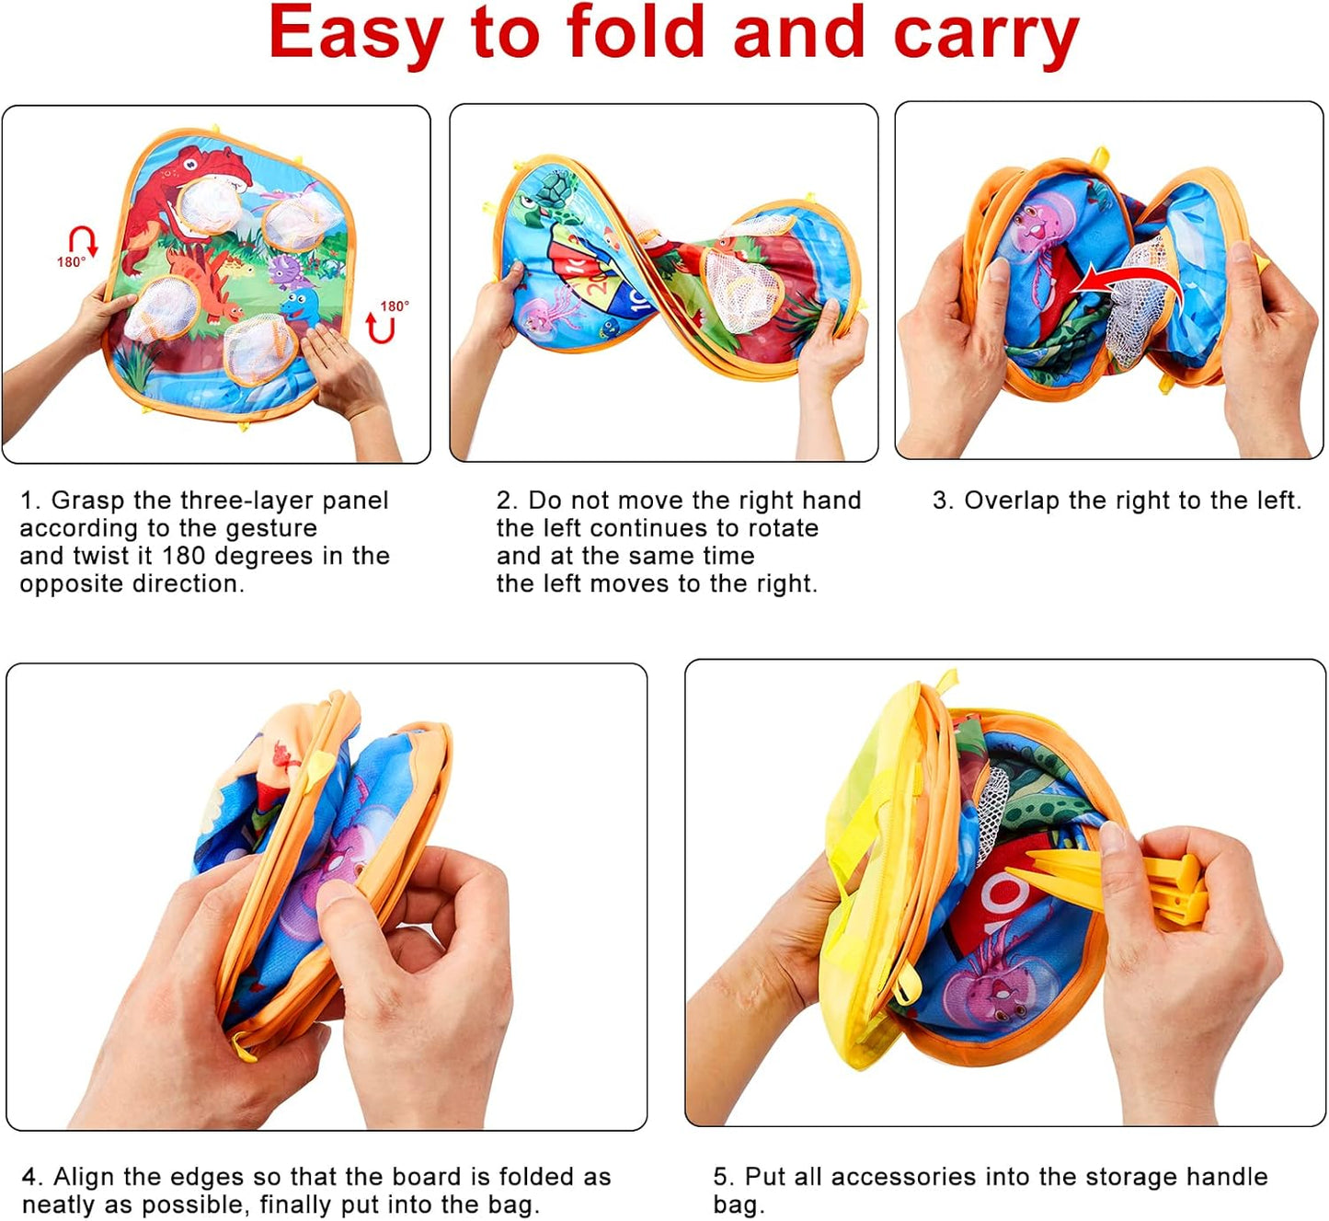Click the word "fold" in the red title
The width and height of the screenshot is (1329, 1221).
636,32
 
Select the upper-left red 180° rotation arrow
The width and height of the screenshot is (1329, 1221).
84,241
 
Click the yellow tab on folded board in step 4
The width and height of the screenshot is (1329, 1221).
319,766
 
